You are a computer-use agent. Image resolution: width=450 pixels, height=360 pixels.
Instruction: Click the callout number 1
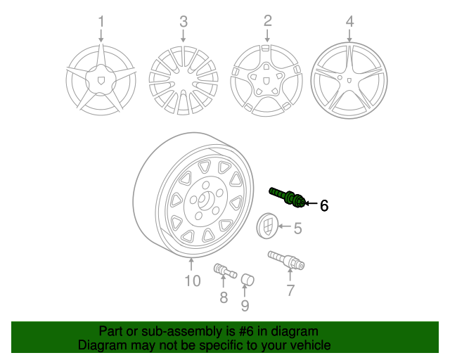[101, 22]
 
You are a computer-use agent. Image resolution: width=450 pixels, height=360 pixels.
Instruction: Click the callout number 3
[184, 22]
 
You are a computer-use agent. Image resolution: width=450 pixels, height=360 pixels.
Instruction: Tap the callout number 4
[349, 22]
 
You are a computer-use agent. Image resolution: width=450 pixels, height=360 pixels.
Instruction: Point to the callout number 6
[324, 206]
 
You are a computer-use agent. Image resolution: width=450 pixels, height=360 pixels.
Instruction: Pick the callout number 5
[297, 228]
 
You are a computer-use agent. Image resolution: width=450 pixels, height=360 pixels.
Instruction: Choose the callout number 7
[290, 290]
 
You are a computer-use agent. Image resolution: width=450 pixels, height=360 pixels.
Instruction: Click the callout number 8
[224, 297]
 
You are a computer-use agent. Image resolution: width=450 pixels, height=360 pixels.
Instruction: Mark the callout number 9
[245, 305]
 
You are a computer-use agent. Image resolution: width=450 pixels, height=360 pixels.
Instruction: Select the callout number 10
[193, 281]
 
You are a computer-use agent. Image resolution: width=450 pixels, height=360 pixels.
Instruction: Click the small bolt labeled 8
[224, 271]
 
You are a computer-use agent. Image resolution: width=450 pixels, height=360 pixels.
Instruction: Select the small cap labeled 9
[247, 282]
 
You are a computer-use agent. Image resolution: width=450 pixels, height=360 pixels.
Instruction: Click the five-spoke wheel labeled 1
[101, 79]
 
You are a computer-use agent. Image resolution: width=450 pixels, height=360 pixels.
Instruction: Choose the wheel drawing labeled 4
[349, 79]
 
